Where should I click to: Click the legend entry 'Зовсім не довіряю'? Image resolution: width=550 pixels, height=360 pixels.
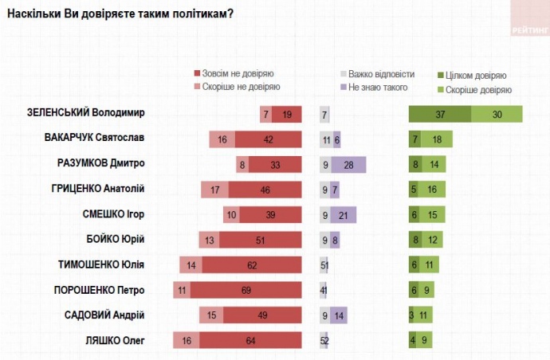[237, 73]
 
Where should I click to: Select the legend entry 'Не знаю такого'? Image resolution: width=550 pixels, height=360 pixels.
[378, 88]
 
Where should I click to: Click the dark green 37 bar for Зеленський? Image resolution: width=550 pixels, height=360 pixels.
[440, 114]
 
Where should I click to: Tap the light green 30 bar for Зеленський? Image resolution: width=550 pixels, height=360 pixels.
[497, 114]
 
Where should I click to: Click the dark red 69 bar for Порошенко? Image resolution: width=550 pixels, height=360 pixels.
[246, 290]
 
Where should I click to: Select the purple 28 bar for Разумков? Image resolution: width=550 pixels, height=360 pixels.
[349, 164]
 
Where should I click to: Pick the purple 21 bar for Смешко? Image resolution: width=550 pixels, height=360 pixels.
[344, 214]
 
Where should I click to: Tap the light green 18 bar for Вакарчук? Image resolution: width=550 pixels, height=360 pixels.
[437, 139]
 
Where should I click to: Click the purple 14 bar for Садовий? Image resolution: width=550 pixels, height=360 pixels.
[340, 315]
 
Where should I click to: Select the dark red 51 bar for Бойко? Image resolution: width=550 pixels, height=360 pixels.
[261, 239]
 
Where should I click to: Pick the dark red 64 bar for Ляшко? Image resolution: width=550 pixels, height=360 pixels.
[251, 340]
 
